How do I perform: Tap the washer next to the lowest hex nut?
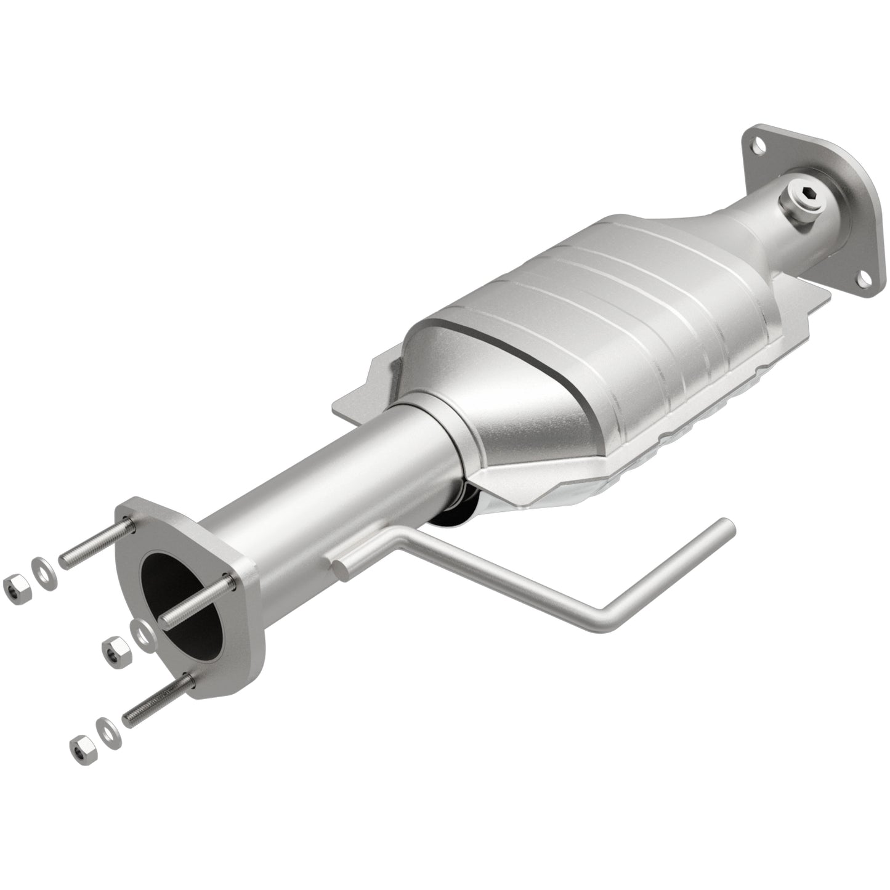(x=107, y=727)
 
